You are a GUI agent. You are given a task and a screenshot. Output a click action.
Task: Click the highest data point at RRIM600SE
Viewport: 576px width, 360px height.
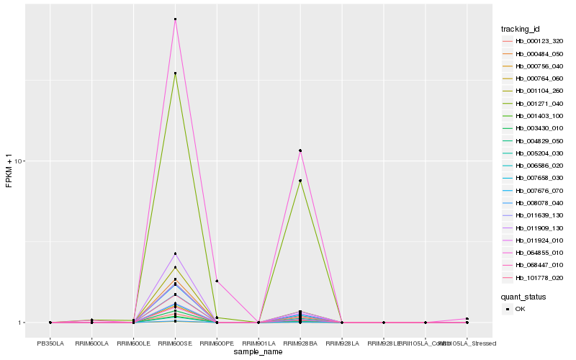coord(175,19)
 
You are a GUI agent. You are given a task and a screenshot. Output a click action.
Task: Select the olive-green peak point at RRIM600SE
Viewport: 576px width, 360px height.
coord(175,73)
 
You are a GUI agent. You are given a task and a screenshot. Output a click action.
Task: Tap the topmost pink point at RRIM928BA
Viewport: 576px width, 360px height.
coord(300,150)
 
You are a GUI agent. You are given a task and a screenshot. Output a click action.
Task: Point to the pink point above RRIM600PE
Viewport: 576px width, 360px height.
coord(217,281)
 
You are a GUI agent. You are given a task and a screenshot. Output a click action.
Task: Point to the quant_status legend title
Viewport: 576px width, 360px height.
coord(523,296)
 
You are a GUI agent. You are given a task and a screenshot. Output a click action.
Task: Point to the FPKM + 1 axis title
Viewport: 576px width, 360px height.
coord(9,170)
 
